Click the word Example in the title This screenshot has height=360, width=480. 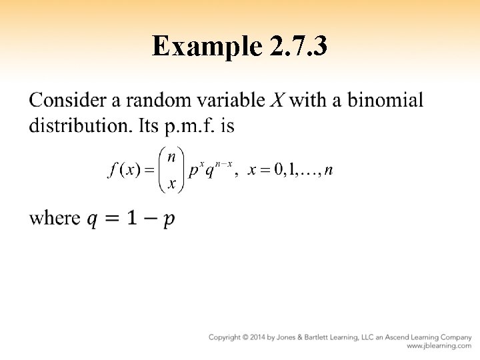tap(206, 47)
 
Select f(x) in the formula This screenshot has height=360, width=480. tap(123, 170)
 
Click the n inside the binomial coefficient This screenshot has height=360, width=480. tap(171, 157)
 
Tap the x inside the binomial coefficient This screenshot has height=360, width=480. tap(171, 184)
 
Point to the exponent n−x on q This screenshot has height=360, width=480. tap(222, 164)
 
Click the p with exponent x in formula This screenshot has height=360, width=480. tap(193, 171)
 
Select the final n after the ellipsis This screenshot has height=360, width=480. tap(328, 170)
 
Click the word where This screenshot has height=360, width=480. tap(55, 218)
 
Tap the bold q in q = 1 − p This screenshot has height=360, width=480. tap(95, 219)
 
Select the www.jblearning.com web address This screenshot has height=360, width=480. tap(439, 347)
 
